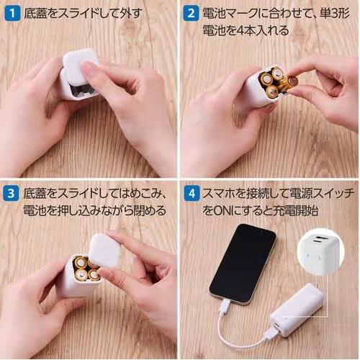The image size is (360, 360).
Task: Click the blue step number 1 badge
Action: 12,14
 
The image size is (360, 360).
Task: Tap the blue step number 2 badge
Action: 191,14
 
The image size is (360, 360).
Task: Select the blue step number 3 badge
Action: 11,194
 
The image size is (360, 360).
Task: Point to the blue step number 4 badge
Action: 192,194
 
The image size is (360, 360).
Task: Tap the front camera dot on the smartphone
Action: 261,233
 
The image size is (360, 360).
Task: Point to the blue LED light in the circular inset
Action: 307,255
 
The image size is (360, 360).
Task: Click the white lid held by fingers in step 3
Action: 105,251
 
